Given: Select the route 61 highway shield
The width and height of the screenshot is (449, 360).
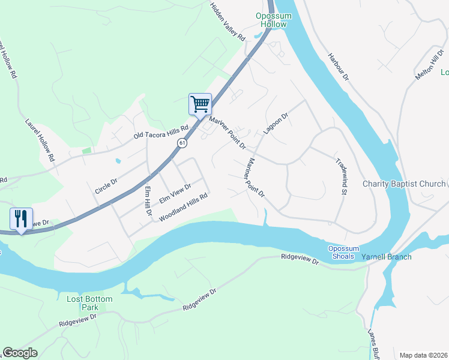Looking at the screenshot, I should pos(182,144).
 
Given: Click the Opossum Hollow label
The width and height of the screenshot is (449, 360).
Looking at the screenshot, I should pos(273,20).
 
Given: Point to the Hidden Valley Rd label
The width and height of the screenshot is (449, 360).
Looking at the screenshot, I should pos(228,21).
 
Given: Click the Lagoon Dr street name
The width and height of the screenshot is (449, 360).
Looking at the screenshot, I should pos(276,123).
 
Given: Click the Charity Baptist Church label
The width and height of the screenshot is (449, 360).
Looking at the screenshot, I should pos(404,184).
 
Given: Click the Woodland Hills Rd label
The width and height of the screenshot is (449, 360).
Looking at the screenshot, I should pos(183,206).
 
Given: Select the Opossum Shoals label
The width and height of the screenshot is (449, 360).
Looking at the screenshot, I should pos(343,253).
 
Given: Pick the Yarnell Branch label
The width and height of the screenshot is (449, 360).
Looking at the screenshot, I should pos(386,257).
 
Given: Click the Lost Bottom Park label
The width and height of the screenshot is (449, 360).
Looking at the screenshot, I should pos(81,302).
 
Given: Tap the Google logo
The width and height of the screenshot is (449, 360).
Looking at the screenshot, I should pos(20,353).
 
